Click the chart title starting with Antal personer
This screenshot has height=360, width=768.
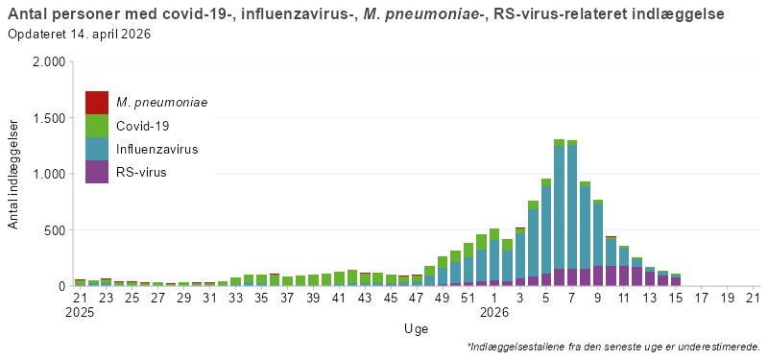(x=365, y=14)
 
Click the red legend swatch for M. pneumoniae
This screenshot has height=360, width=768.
(x=97, y=102)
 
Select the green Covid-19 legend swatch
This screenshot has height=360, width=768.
(x=97, y=126)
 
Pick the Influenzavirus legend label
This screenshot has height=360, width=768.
(x=157, y=150)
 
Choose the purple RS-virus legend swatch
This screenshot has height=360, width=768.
(x=97, y=173)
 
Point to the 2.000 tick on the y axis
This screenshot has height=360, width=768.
(x=47, y=62)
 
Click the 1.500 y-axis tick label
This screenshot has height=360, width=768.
(x=47, y=118)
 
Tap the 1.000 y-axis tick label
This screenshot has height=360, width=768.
(x=47, y=175)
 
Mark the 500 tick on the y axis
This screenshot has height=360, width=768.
(x=53, y=230)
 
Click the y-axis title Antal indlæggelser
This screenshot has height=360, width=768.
(x=13, y=174)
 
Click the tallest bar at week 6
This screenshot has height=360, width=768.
(x=559, y=211)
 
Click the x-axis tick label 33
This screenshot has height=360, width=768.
(x=235, y=299)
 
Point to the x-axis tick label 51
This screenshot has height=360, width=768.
(x=468, y=299)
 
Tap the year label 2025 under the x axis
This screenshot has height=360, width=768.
(x=81, y=313)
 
